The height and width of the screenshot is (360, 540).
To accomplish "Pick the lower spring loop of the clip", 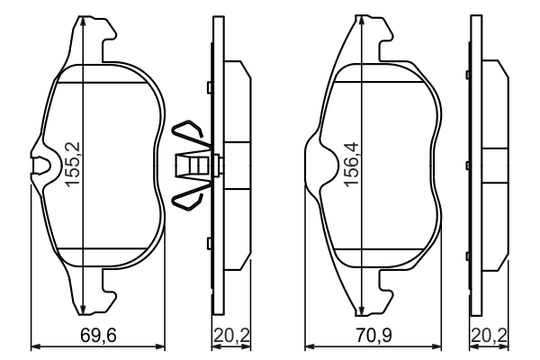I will (191, 196).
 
